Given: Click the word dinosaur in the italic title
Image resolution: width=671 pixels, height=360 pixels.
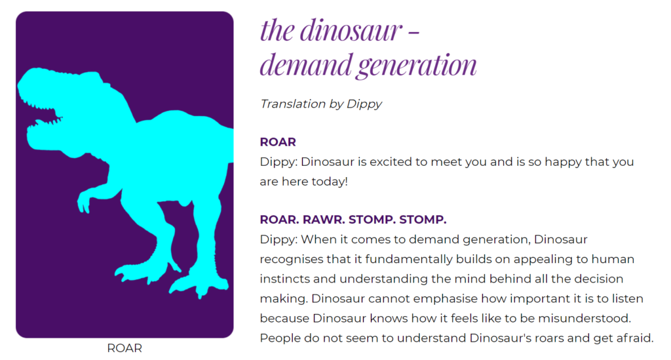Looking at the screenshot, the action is point(351,30).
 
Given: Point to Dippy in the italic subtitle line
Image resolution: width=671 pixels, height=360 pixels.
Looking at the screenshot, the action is point(364,104).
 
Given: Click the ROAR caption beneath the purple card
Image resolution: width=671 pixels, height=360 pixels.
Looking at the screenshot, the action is point(125,348).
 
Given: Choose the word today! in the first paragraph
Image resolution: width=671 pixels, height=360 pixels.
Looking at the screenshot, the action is point(330,182).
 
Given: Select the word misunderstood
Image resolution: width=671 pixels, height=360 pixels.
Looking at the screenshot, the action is point(585,319).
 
